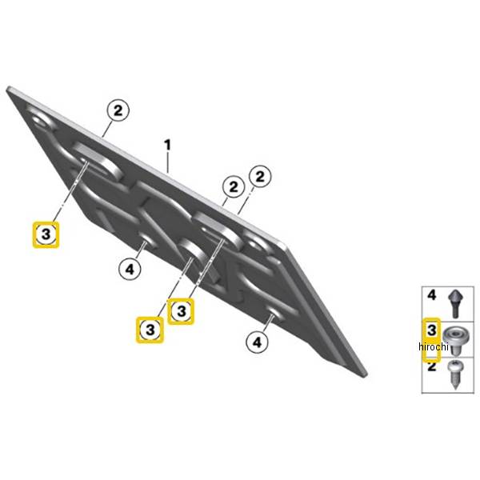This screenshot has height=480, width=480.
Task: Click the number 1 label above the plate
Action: pyautogui.click(x=167, y=145)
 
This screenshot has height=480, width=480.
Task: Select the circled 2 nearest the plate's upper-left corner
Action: pyautogui.click(x=118, y=110)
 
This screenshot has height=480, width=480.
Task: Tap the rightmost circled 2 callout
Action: pyautogui.click(x=260, y=177)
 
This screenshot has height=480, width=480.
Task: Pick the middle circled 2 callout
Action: pyautogui.click(x=234, y=186)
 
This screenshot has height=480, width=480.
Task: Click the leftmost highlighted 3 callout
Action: pyautogui.click(x=46, y=234)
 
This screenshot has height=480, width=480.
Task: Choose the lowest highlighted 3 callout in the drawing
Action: pyautogui.click(x=150, y=330)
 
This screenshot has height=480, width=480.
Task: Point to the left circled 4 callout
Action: pyautogui.click(x=130, y=270)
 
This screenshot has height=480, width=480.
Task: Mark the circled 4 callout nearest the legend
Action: pyautogui.click(x=257, y=342)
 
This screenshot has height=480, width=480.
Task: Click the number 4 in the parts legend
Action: pyautogui.click(x=431, y=295)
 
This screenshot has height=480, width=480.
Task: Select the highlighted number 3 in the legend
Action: pyautogui.click(x=432, y=330)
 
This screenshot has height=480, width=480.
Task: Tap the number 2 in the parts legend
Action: pyautogui.click(x=431, y=366)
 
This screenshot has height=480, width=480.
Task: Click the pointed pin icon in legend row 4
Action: pyautogui.click(x=456, y=304)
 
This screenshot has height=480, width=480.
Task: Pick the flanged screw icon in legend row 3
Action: pyautogui.click(x=456, y=340)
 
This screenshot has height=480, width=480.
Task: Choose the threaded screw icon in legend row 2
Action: pyautogui.click(x=455, y=374)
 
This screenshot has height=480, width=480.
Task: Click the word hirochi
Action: pyautogui.click(x=433, y=347)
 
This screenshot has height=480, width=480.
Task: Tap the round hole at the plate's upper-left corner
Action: pyautogui.click(x=40, y=120)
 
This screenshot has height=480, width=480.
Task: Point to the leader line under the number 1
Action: pyautogui.click(x=168, y=163)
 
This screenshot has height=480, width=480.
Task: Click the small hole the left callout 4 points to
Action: pyautogui.click(x=146, y=240)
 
